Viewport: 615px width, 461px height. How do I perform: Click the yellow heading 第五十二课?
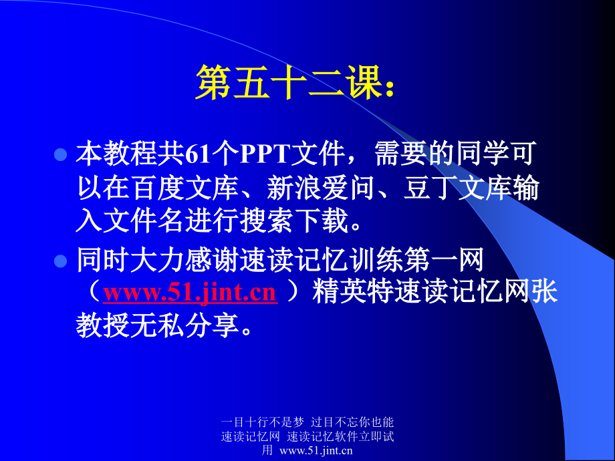pyautogui.click(x=289, y=82)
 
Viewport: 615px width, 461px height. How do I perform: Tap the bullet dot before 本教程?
pyautogui.click(x=60, y=154)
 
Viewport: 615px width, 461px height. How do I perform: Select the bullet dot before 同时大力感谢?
pyautogui.click(x=60, y=261)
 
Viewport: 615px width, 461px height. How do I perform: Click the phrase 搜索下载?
pyautogui.click(x=293, y=220)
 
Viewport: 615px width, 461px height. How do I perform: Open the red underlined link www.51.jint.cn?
pyautogui.click(x=191, y=293)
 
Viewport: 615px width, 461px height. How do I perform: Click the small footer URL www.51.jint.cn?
pyautogui.click(x=316, y=450)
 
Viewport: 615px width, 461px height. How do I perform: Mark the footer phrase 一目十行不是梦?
pyautogui.click(x=263, y=422)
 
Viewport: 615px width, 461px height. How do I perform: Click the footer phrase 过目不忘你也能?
pyautogui.click(x=352, y=422)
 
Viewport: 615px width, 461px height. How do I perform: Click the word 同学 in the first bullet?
pyautogui.click(x=483, y=154)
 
